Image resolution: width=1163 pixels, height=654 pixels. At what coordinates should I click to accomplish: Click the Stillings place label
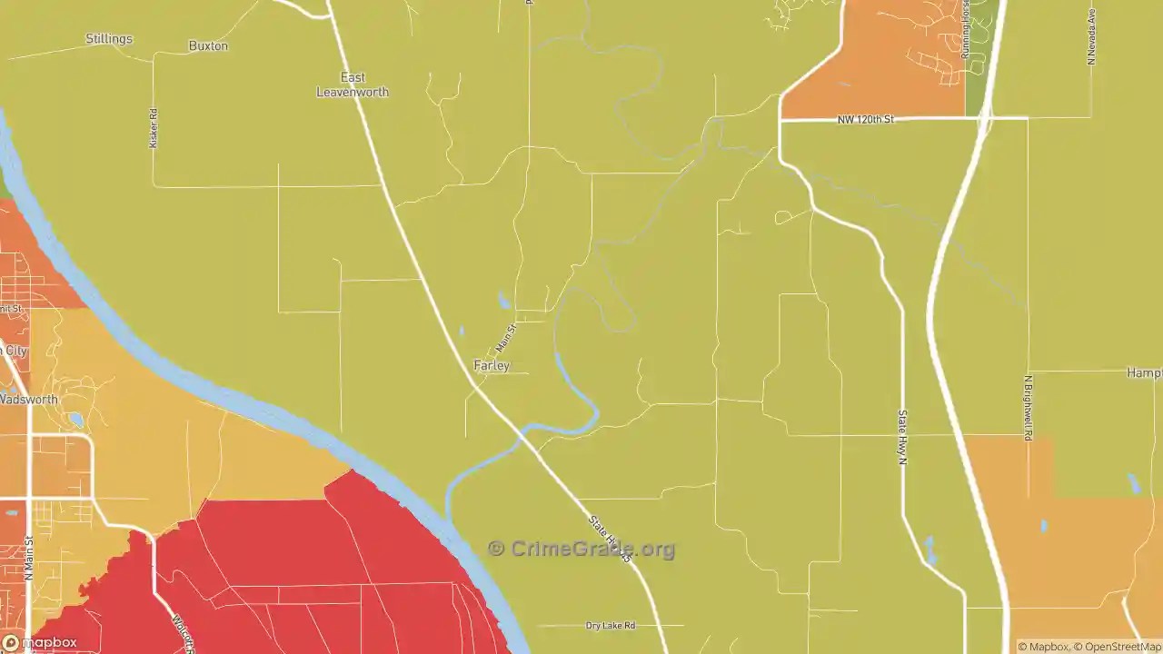pyautogui.click(x=109, y=39)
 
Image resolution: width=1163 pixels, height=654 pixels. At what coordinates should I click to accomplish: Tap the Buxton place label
pyautogui.click(x=208, y=45)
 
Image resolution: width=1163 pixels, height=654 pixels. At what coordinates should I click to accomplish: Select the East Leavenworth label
pyautogui.click(x=353, y=84)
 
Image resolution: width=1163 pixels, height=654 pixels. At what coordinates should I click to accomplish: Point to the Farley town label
pyautogui.click(x=492, y=366)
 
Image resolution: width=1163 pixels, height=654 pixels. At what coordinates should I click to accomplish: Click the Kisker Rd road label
pyautogui.click(x=154, y=128)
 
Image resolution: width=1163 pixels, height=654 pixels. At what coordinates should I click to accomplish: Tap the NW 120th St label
pyautogui.click(x=864, y=119)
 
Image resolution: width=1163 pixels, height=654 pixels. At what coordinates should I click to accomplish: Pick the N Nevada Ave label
pyautogui.click(x=1091, y=36)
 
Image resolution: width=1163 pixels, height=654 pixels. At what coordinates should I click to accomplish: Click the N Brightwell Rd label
pyautogui.click(x=1029, y=408)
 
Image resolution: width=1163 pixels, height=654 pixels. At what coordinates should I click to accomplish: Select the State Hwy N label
pyautogui.click(x=903, y=438)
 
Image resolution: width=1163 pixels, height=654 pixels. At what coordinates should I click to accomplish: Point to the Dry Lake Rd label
pyautogui.click(x=611, y=626)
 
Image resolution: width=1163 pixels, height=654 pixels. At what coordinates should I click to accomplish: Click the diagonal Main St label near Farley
pyautogui.click(x=506, y=339)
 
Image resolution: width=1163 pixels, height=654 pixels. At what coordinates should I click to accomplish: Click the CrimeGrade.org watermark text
pyautogui.click(x=581, y=549)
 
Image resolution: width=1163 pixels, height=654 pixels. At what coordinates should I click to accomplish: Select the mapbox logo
pyautogui.click(x=40, y=642)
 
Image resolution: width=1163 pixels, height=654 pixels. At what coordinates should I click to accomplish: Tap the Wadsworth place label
pyautogui.click(x=28, y=400)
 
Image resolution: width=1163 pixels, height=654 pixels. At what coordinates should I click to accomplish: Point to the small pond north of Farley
pyautogui.click(x=504, y=300)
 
